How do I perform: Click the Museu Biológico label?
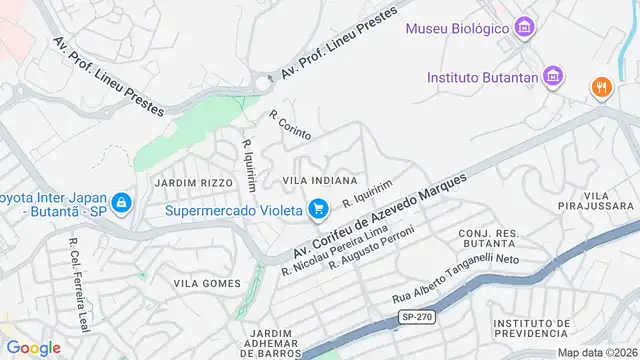456,28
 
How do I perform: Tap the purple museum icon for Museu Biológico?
524,27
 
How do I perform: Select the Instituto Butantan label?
482,77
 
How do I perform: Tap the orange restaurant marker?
601,86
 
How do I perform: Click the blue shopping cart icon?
319,209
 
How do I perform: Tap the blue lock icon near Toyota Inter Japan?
122,204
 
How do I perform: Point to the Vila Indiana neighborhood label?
320,180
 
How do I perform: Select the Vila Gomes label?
207,284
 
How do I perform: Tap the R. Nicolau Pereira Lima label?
333,250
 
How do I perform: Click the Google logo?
33,347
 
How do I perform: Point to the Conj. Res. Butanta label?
488,238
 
